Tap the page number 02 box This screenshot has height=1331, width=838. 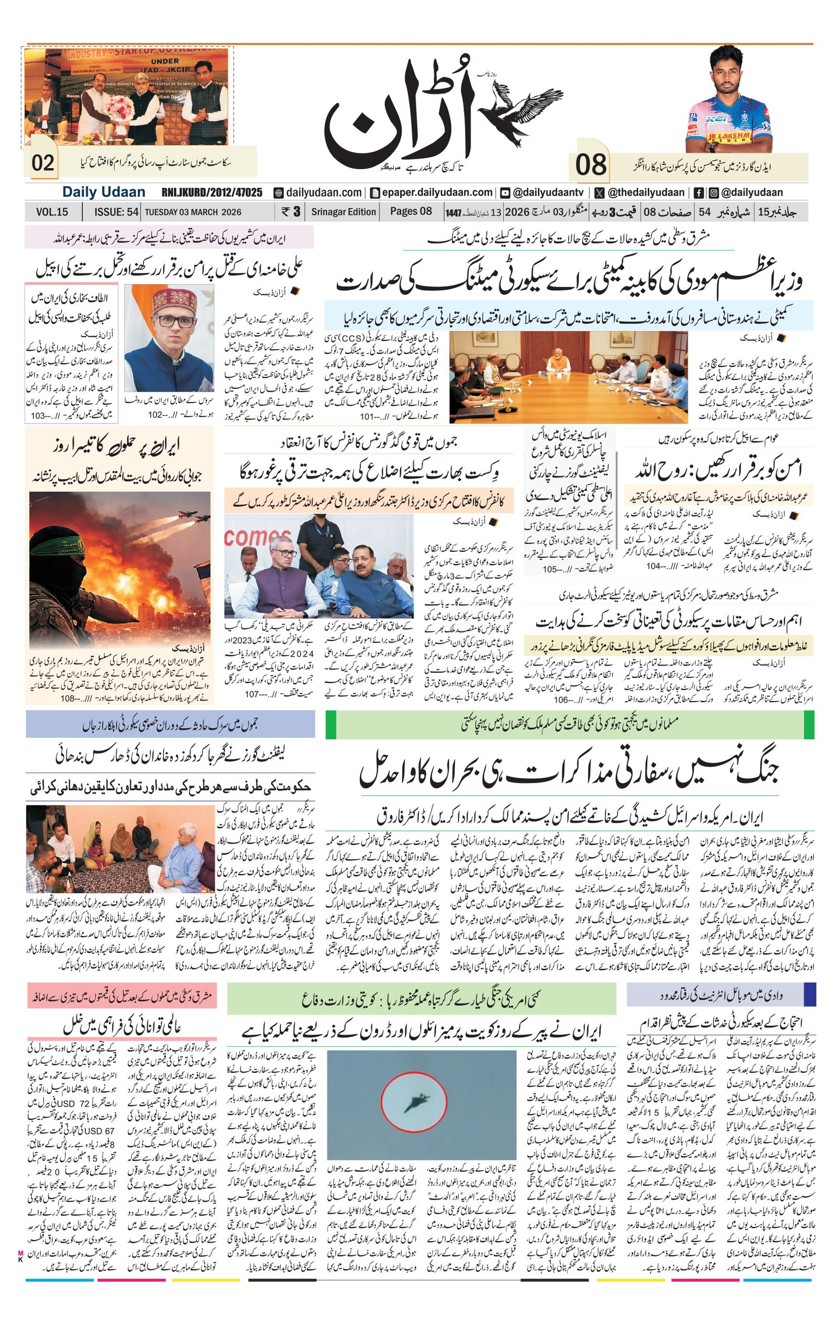pos(43,163)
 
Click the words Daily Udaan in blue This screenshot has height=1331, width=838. pos(103,192)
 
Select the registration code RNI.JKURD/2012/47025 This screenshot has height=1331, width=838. pos(212,192)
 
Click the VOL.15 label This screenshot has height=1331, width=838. pos(52,212)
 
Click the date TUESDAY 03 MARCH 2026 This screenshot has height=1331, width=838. pos(193,212)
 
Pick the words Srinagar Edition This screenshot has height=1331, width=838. pos(343,212)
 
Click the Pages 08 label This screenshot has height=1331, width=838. pos(411,212)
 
